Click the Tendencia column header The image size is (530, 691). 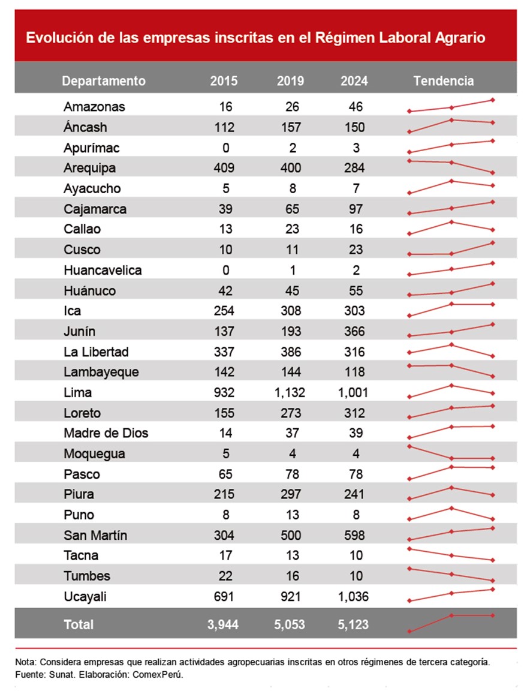[x=443, y=81]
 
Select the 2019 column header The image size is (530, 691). [x=291, y=81]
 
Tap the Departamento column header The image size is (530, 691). [x=104, y=81]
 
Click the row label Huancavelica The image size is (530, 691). [x=103, y=271]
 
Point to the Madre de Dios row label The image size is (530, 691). [x=106, y=434]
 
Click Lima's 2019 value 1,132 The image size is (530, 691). [x=291, y=393]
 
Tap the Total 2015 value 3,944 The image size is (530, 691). [x=224, y=624]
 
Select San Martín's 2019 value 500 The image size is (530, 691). [x=291, y=536]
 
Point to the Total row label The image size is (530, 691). [x=79, y=624]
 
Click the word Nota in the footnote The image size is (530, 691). [x=25, y=662]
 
